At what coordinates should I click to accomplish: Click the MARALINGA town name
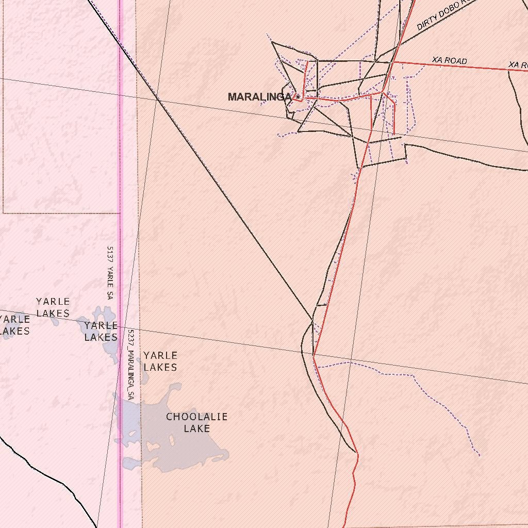pyautogui.click(x=259, y=97)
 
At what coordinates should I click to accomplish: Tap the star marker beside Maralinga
pyautogui.click(x=298, y=97)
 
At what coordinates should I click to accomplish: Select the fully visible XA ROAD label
pyautogui.click(x=450, y=60)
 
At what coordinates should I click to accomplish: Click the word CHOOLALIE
pyautogui.click(x=196, y=417)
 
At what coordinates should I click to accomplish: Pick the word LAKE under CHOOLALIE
pyautogui.click(x=196, y=428)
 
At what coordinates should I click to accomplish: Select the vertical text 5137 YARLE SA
pyautogui.click(x=109, y=273)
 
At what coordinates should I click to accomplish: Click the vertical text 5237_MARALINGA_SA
pyautogui.click(x=131, y=365)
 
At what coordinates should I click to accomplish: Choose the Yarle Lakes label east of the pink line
pyautogui.click(x=160, y=361)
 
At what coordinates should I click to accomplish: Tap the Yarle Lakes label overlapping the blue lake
pyautogui.click(x=101, y=331)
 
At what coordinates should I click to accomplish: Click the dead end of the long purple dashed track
pyautogui.click(x=480, y=455)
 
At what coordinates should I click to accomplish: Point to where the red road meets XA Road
pyautogui.click(x=393, y=62)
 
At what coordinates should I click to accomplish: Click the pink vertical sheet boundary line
pyautogui.click(x=120, y=155)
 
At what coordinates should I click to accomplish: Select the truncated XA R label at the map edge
pyautogui.click(x=518, y=65)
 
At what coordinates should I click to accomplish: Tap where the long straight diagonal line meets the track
pyautogui.click(x=313, y=320)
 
